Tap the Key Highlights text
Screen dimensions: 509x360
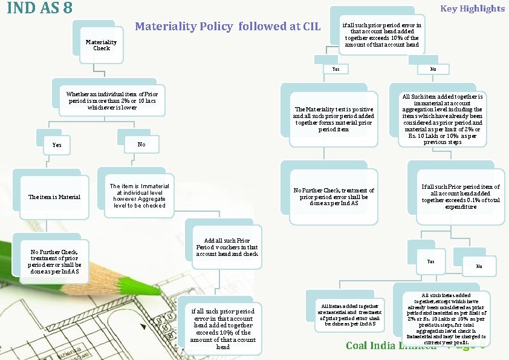point(472,8)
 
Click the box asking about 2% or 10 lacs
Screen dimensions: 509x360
point(112,101)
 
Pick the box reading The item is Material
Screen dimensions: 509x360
point(54,197)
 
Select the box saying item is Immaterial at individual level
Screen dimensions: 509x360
point(139,195)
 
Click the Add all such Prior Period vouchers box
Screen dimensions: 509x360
point(227,247)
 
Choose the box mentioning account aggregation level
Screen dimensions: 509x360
point(443,119)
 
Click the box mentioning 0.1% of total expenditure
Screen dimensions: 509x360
point(461,197)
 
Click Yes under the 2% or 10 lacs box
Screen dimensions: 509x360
point(57,145)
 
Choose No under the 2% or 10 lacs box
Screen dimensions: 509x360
point(141,145)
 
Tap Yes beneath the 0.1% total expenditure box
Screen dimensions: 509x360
point(430,261)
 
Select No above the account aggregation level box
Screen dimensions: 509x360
point(433,70)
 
